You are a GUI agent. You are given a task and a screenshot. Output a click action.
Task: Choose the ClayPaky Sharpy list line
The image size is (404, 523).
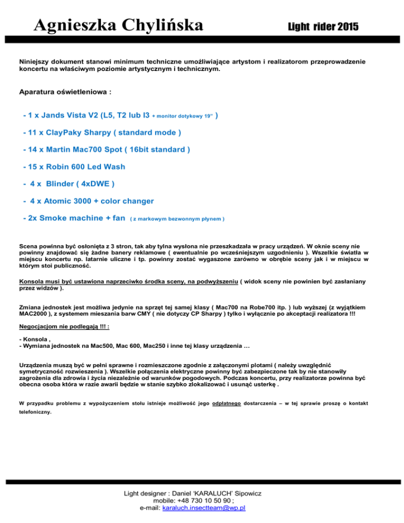tap(103, 132)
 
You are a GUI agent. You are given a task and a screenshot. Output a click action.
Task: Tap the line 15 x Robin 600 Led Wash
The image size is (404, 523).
tap(74, 166)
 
